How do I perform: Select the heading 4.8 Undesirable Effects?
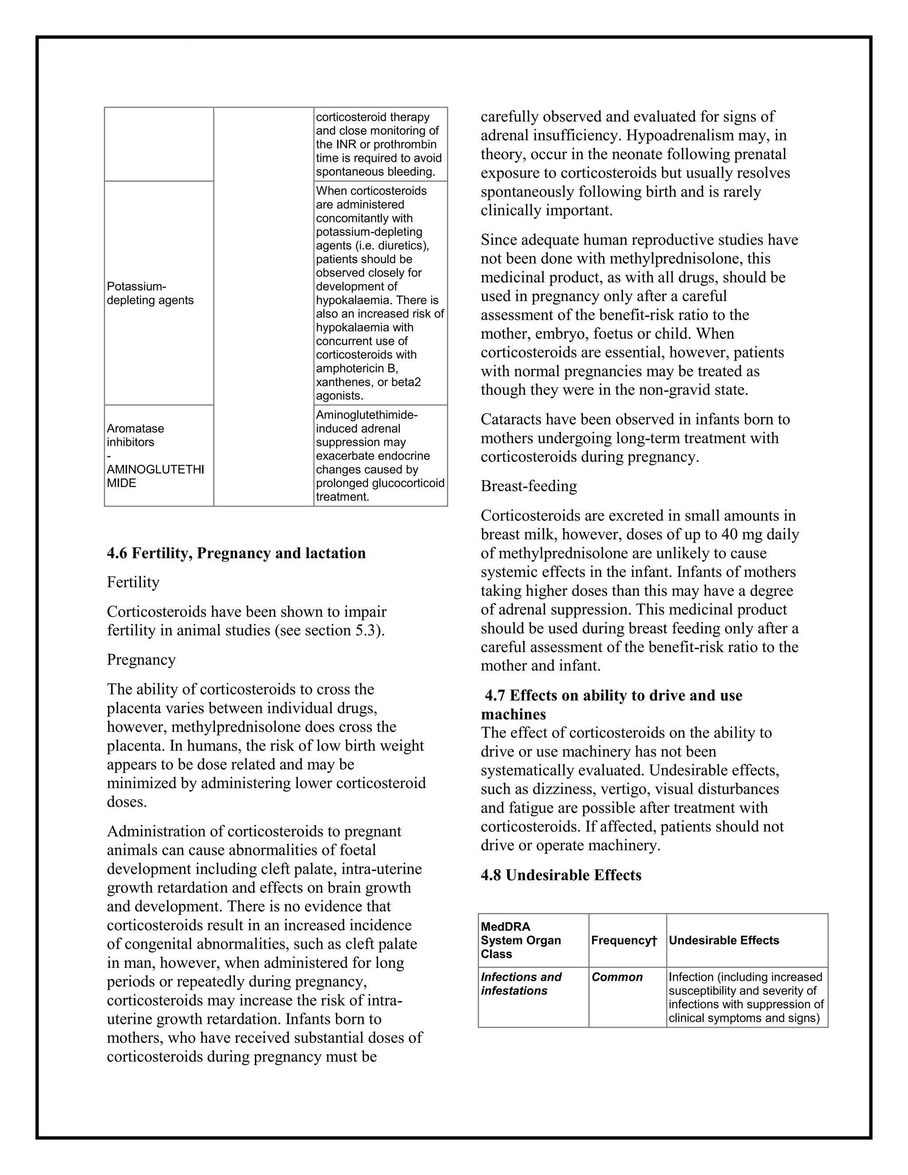click(x=561, y=875)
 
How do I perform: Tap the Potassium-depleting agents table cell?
click(x=150, y=293)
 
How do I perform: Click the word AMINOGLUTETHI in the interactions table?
click(x=156, y=470)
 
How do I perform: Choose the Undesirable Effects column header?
click(x=724, y=940)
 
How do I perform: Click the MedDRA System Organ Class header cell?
click(x=521, y=940)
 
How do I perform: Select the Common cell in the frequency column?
click(x=617, y=977)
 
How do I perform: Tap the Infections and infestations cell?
click(x=521, y=983)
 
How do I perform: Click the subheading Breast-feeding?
click(x=529, y=486)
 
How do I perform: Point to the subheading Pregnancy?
click(x=141, y=660)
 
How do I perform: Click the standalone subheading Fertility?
click(x=133, y=582)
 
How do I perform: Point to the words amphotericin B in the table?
click(x=356, y=368)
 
